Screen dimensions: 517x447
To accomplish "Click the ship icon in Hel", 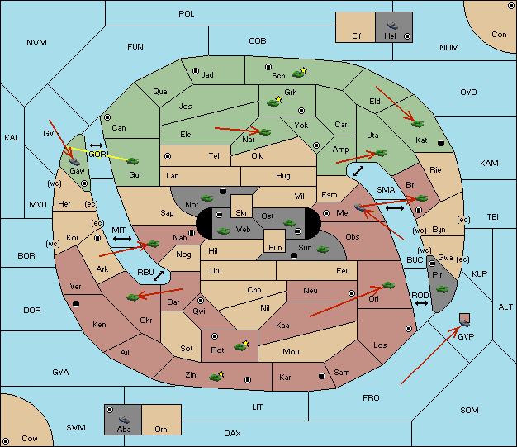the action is tap(392, 26).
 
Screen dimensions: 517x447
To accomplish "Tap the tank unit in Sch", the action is tap(298, 74).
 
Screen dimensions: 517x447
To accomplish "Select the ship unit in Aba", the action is tap(124, 420).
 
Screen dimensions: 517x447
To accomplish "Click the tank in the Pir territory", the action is tap(442, 289).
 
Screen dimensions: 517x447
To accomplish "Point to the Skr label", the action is tap(241, 213).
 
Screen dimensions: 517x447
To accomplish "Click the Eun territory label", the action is tap(275, 247).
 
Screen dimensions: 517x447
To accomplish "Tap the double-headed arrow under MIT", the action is tap(122, 239).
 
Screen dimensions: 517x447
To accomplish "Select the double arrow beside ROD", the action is tap(421, 303).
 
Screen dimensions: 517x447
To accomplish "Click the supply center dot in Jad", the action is tap(196, 71).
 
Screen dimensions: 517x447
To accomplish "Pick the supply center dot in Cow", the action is tap(6, 440).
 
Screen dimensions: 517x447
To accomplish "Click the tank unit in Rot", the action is tap(240, 346).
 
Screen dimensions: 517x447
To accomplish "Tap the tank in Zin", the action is tap(216, 377).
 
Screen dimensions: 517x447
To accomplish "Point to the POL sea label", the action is tap(187, 14).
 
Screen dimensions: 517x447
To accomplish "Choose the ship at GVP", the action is tap(465, 323).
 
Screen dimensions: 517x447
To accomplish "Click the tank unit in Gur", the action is tap(133, 161).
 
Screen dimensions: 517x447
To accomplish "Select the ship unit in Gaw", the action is tap(75, 161).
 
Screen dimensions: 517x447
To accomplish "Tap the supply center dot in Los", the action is tap(409, 329).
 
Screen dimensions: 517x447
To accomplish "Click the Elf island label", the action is tap(357, 36).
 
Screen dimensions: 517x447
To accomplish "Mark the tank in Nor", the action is tap(207, 198).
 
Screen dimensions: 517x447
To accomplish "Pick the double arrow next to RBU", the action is tap(159, 276).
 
